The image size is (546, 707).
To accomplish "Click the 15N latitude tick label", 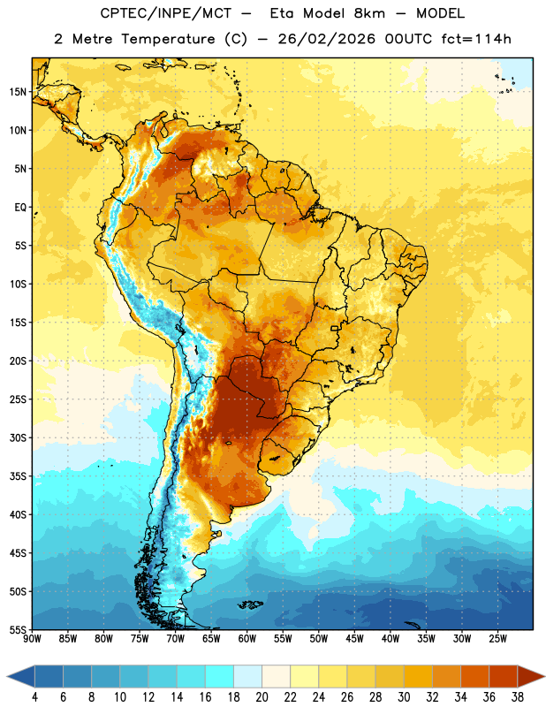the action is pyautogui.click(x=18, y=92).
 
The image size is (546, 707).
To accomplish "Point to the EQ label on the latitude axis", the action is pyautogui.click(x=20, y=208).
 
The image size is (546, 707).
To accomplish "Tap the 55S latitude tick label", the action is pyautogui.click(x=18, y=630).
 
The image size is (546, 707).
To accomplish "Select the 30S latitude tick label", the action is pyautogui.click(x=18, y=437).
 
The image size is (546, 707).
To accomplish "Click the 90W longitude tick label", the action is pyautogui.click(x=32, y=639).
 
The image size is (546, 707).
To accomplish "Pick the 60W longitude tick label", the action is pyautogui.click(x=247, y=639).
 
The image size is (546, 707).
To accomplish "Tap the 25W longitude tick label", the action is pyautogui.click(x=497, y=639).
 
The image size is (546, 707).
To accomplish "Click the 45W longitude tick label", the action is pyautogui.click(x=354, y=639).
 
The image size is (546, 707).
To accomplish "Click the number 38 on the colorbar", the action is pyautogui.click(x=518, y=697).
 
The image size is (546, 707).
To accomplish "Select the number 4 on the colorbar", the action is pyautogui.click(x=34, y=697).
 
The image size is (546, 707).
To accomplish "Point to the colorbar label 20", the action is pyautogui.click(x=262, y=697).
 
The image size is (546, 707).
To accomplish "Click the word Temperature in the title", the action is pyautogui.click(x=168, y=39).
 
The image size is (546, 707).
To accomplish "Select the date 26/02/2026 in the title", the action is pyautogui.click(x=326, y=39).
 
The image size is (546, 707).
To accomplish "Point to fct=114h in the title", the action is pyautogui.click(x=476, y=39).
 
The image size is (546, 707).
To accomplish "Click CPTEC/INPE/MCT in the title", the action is pyautogui.click(x=165, y=13).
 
